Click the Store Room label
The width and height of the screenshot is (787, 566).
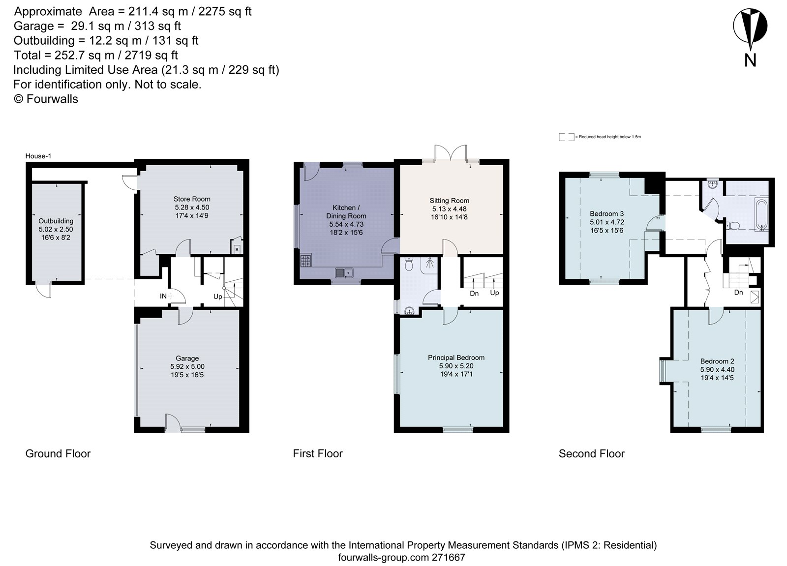coord(192,199)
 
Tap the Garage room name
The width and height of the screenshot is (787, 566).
coord(187,358)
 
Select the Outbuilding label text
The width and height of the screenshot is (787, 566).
coord(56,221)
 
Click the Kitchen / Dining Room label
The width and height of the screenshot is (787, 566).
coord(346,212)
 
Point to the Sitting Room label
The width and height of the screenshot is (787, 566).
coord(450,201)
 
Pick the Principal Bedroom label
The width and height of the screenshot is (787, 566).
coord(456,358)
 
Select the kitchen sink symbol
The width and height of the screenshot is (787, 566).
coord(345,272)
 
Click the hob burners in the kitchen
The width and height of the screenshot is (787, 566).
coord(305,261)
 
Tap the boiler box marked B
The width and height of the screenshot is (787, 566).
coord(237,249)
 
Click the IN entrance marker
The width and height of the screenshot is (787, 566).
coord(163,296)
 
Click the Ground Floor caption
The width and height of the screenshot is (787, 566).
coord(58,453)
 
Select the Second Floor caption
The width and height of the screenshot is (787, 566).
coord(591,454)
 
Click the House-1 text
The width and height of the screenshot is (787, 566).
coord(38,156)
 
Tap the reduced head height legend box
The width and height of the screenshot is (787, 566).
coord(566,137)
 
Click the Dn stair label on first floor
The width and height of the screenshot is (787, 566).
coord(474,294)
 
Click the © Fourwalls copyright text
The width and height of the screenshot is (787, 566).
coord(46,99)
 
